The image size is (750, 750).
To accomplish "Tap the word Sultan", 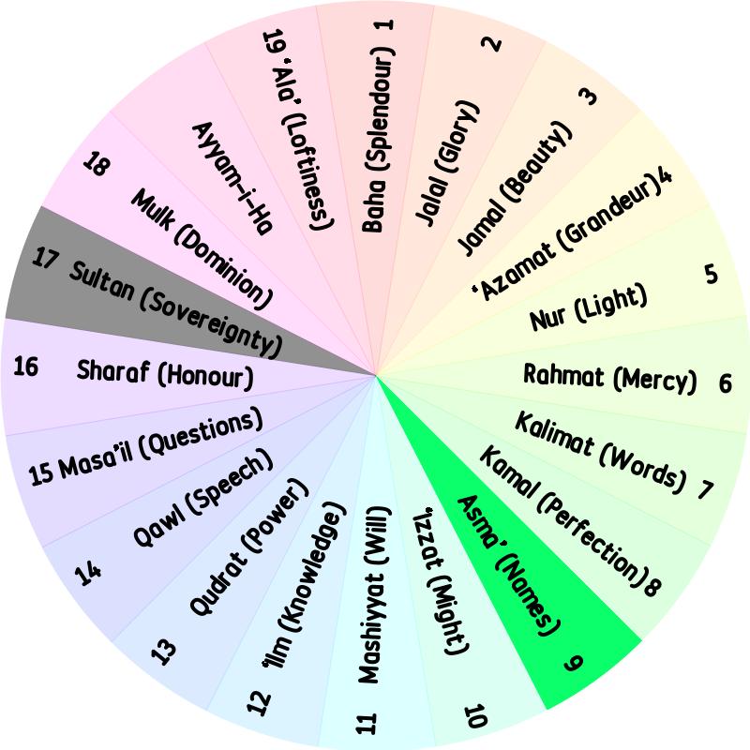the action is point(101,282).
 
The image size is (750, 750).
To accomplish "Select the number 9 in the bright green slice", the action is point(573,662).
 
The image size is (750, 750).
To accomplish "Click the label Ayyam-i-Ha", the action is point(232,178).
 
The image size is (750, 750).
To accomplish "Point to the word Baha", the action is point(373,205).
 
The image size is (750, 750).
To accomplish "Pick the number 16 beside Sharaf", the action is point(26,367).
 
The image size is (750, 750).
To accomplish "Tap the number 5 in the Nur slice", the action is point(712,275).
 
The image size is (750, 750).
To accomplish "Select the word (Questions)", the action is point(201,435).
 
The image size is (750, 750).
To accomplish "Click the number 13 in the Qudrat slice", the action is point(164,652).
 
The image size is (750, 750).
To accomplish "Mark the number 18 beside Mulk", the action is point(97,163).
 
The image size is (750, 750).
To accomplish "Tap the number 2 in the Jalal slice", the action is point(491,43).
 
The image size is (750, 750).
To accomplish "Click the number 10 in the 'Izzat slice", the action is point(476,716).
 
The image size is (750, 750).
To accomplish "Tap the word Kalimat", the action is point(553,434).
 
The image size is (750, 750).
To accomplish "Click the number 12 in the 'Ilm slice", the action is point(259,703).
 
